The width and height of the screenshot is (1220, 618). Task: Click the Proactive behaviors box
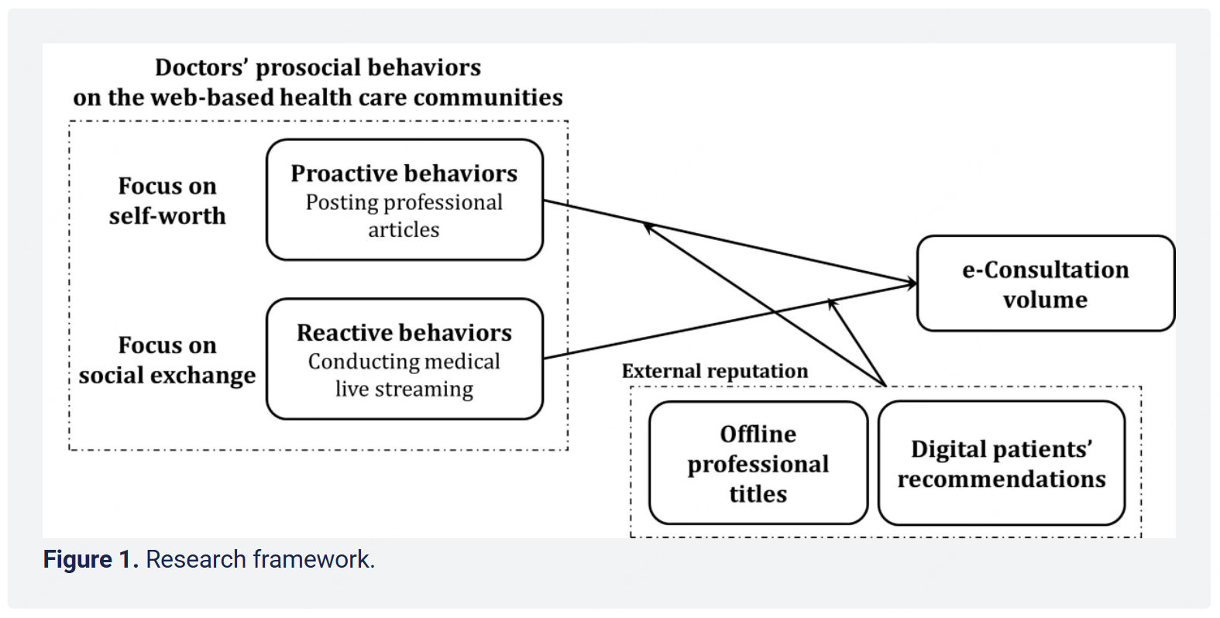pyautogui.click(x=404, y=199)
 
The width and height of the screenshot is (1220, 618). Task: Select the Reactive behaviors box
pyautogui.click(x=404, y=359)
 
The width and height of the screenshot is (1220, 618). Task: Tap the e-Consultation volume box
pyautogui.click(x=1045, y=283)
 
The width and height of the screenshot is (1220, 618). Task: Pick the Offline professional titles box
pyautogui.click(x=758, y=463)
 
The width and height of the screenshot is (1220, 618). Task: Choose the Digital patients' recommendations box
pyautogui.click(x=1001, y=463)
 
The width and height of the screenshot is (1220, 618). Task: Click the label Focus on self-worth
pyautogui.click(x=167, y=201)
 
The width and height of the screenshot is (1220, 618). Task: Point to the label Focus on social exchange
pyautogui.click(x=167, y=360)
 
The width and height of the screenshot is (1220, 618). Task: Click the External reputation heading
pyautogui.click(x=714, y=371)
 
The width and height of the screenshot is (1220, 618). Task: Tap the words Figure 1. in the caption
pyautogui.click(x=91, y=559)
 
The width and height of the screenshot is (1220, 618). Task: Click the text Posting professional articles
pyautogui.click(x=404, y=215)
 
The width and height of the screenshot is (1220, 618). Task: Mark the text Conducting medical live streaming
pyautogui.click(x=404, y=375)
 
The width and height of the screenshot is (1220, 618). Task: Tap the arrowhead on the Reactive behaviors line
pyautogui.click(x=832, y=302)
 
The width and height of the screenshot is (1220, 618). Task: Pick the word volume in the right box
pyautogui.click(x=1045, y=300)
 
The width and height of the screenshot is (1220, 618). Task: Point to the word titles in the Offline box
pyautogui.click(x=758, y=494)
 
